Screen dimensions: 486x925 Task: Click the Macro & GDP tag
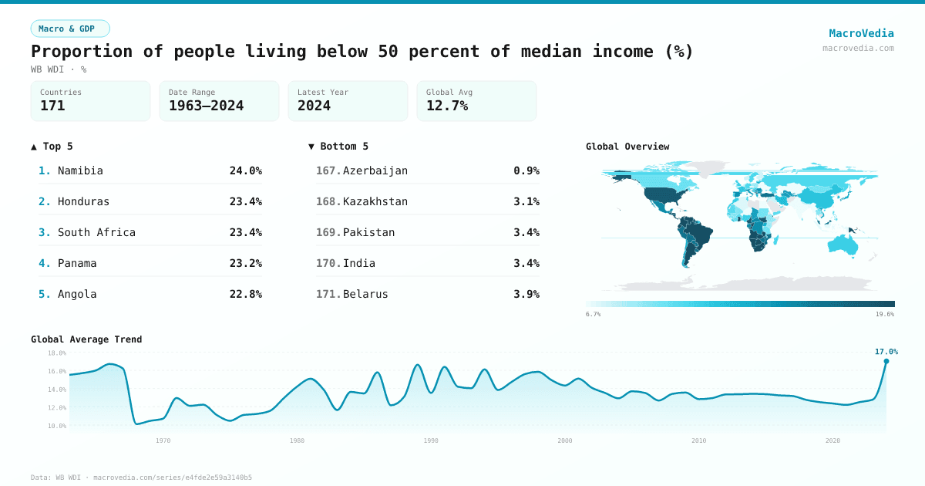click(70, 29)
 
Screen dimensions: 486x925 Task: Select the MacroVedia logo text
click(861, 33)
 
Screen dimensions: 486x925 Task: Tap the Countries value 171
click(52, 106)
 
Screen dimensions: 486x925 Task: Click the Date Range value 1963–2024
click(206, 106)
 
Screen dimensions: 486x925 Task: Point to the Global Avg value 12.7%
click(447, 106)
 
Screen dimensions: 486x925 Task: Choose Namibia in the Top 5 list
click(80, 170)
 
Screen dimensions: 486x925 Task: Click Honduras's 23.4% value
click(245, 201)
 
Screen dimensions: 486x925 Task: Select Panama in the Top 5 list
click(77, 263)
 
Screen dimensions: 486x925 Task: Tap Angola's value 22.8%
click(245, 294)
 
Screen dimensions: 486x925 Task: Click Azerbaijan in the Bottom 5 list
click(375, 170)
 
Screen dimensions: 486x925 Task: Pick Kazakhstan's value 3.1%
click(526, 201)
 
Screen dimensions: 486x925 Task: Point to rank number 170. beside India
click(328, 263)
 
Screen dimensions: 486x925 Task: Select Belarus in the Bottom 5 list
click(365, 294)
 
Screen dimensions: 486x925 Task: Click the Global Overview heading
click(627, 147)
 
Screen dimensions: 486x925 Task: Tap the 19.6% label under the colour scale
click(885, 314)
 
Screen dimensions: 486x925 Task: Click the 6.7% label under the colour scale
click(593, 314)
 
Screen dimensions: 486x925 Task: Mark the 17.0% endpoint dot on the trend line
click(886, 361)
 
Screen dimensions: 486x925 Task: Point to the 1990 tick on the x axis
click(431, 440)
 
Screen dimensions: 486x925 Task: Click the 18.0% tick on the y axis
click(57, 353)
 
